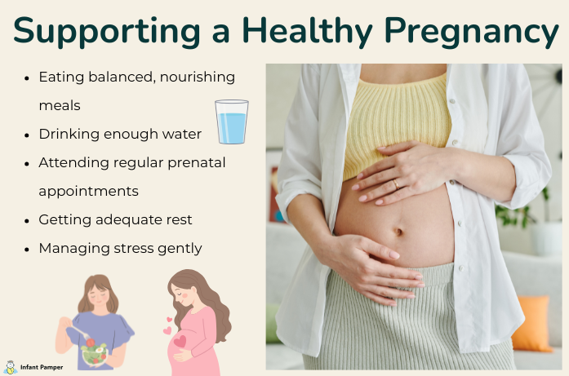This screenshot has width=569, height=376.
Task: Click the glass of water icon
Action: coord(231,122)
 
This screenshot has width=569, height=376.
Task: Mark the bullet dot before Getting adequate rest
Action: coord(28,220)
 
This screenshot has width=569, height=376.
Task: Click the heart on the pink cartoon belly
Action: coord(180,341)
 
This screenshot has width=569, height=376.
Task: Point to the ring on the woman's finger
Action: coord(395,185)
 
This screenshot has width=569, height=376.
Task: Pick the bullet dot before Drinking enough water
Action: coord(28,135)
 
